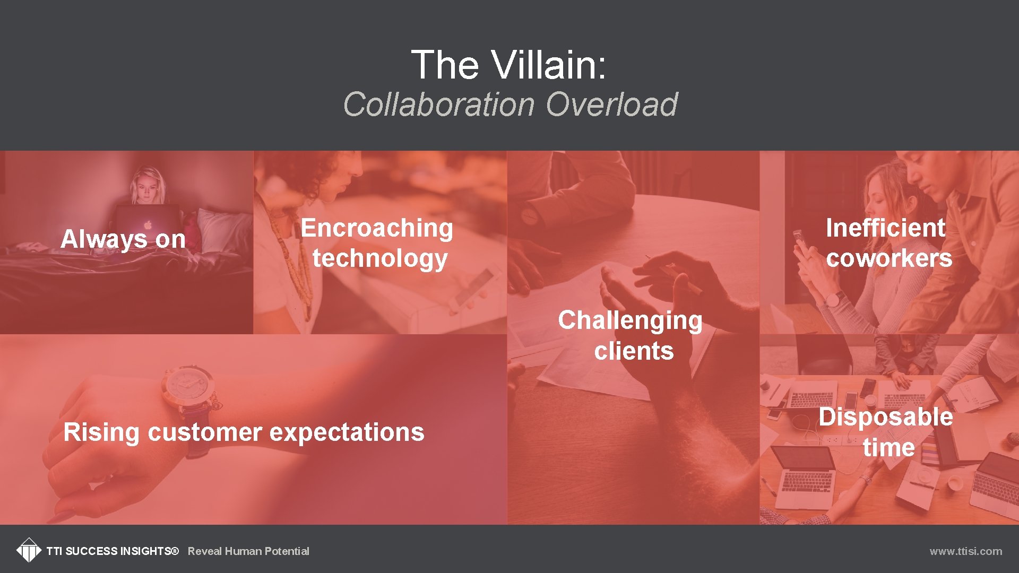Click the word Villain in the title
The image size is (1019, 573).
(x=548, y=65)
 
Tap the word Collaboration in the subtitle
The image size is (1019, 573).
(x=438, y=104)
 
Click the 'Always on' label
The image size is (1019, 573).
(x=123, y=239)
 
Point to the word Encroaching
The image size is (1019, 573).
(x=376, y=228)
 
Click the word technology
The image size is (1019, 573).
(x=379, y=258)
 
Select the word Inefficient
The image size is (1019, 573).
(x=885, y=228)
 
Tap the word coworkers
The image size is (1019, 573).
(x=889, y=258)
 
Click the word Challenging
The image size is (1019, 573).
(x=629, y=320)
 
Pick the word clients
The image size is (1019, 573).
(x=634, y=351)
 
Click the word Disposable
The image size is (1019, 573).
(x=885, y=417)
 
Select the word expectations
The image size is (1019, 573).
(x=347, y=432)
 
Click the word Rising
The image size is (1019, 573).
(x=101, y=432)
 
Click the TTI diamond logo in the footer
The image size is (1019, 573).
(x=29, y=550)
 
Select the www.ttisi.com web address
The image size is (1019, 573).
(x=965, y=551)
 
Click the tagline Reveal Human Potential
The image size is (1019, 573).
(x=248, y=551)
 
